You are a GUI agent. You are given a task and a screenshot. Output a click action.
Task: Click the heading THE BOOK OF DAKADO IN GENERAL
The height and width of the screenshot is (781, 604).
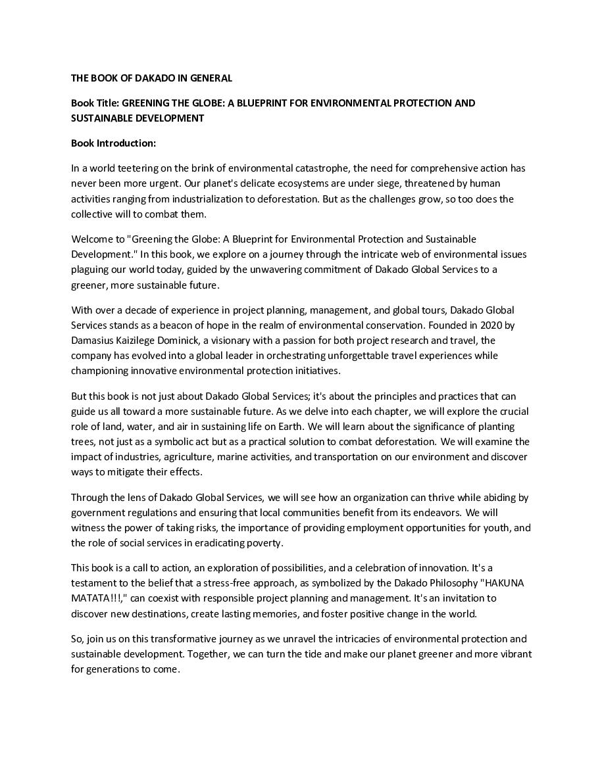151,78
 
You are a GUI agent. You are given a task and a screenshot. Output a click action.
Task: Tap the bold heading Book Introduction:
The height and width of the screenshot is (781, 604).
113,143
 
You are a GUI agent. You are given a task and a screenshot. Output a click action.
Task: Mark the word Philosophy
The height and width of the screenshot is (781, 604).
455,583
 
